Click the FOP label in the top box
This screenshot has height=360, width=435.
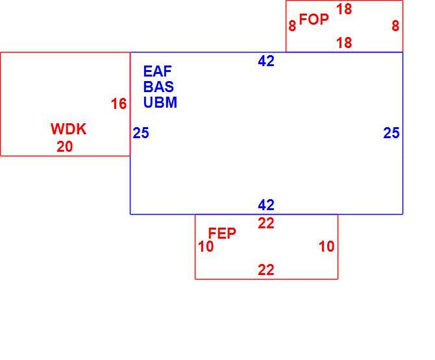[314, 19]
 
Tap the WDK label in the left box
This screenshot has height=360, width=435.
[69, 129]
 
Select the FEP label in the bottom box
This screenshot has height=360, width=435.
[222, 233]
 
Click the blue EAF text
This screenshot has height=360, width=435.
[157, 71]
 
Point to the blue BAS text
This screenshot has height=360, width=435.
[158, 86]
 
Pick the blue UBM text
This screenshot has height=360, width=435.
[160, 102]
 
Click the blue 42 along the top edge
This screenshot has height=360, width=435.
[266, 61]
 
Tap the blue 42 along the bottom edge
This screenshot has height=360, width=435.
[266, 205]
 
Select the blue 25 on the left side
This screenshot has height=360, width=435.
[141, 133]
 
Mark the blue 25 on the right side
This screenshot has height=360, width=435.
[391, 133]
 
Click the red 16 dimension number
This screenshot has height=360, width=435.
[119, 104]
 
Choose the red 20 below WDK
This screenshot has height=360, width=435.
[65, 147]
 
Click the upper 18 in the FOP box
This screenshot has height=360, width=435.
[344, 9]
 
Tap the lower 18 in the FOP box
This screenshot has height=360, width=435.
[344, 43]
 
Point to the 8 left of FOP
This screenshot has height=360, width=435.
[292, 26]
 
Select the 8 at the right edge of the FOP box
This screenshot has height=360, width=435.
[395, 26]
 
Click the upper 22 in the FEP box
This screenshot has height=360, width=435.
[266, 223]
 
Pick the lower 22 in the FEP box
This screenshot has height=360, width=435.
[266, 270]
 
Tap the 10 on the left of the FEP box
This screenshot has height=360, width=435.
[206, 246]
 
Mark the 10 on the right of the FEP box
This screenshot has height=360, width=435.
[327, 246]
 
